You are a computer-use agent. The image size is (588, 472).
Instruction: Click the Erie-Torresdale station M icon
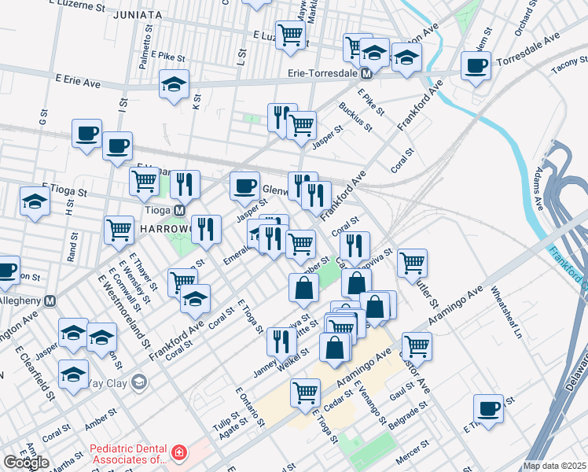click(366, 74)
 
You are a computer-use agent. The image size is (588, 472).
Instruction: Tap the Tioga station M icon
click(179, 211)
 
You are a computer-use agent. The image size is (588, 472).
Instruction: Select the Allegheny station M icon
click(51, 301)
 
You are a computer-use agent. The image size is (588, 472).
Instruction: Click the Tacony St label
click(568, 68)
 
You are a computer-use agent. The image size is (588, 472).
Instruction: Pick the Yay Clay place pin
click(139, 383)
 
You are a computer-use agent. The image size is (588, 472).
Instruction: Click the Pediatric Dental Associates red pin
click(179, 453)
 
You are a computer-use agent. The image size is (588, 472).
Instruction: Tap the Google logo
click(25, 463)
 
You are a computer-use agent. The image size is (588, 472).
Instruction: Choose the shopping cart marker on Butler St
click(412, 262)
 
